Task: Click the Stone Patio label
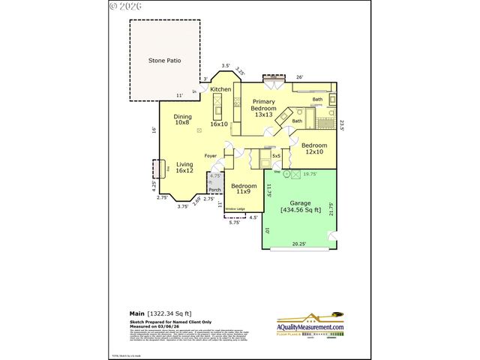165,60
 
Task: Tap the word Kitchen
220,90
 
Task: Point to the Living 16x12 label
184,167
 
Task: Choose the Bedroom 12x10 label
314,148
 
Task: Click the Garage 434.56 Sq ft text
301,206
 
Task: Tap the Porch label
214,190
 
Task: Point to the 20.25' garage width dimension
299,243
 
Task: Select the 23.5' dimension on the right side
342,125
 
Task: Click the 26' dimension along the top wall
299,77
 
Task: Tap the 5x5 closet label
277,156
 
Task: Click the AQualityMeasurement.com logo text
310,328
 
